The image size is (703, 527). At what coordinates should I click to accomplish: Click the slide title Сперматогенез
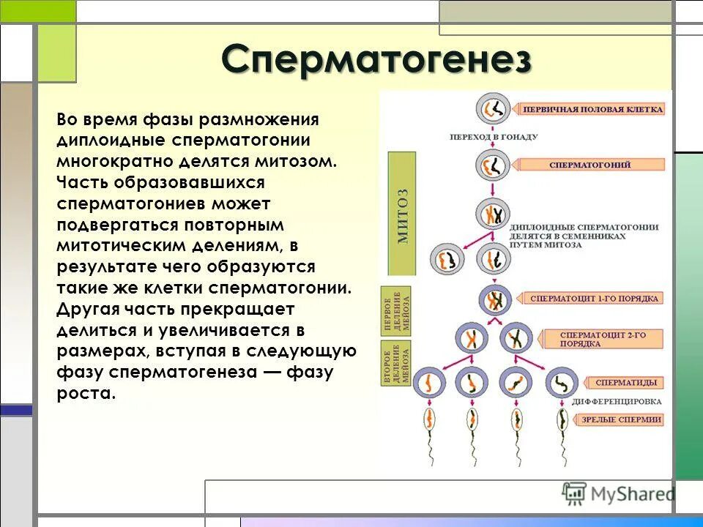coord(376,59)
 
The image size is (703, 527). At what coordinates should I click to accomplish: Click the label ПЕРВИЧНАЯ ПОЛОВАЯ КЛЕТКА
coord(592,109)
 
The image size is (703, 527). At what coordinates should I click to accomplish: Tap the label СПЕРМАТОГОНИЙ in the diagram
coord(589,165)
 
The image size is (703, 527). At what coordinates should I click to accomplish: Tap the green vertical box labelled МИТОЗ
coord(402,213)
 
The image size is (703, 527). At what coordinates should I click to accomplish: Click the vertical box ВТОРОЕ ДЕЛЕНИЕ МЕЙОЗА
coord(395,363)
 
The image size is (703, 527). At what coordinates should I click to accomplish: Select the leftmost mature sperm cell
coord(428,421)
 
